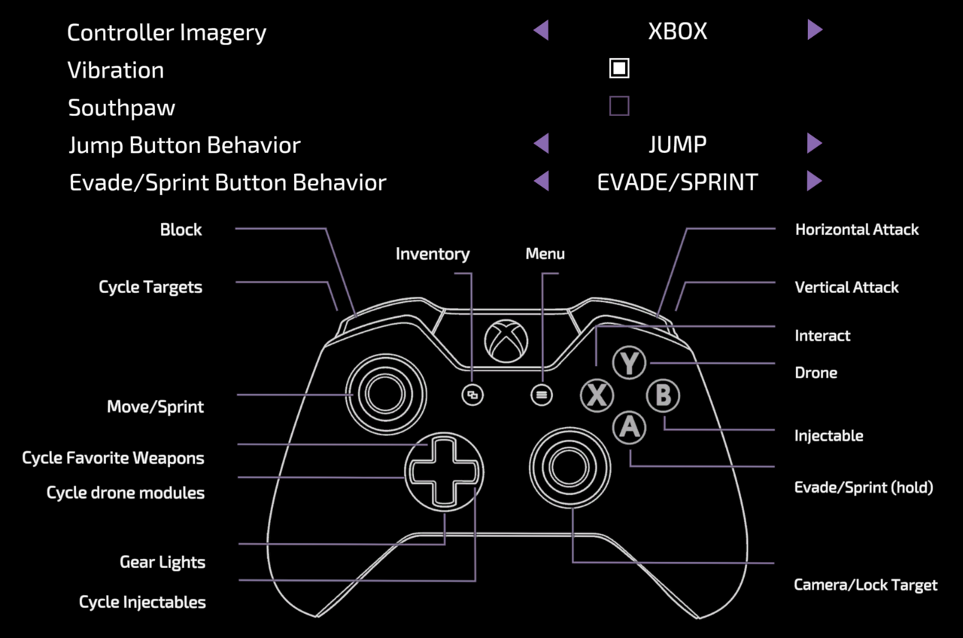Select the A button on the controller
(x=629, y=428)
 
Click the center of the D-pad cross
(x=444, y=472)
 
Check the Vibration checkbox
(x=619, y=69)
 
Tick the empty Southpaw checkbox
(x=619, y=106)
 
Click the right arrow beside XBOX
(x=815, y=31)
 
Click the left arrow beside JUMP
(x=541, y=144)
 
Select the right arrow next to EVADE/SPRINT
(x=815, y=182)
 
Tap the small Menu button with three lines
(x=541, y=395)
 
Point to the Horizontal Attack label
(x=857, y=230)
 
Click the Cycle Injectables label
(x=142, y=602)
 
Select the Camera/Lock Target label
(x=866, y=585)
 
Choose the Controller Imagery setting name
(x=166, y=32)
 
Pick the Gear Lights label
(x=163, y=563)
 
